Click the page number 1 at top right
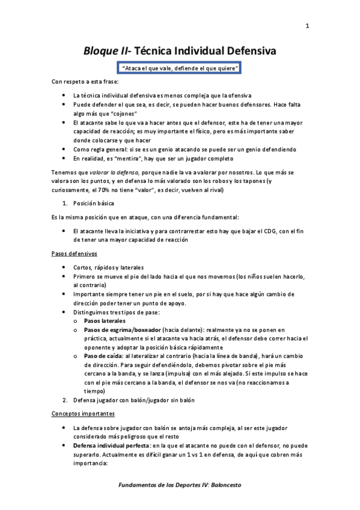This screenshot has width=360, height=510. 307,25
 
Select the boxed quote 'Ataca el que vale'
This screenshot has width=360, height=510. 180,69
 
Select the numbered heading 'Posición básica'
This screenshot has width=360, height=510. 93,203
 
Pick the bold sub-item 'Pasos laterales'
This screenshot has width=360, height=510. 105,321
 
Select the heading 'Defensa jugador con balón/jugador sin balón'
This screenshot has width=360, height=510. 133,400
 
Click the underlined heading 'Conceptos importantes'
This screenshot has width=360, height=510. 82,414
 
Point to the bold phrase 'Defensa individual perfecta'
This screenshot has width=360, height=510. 111,446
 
